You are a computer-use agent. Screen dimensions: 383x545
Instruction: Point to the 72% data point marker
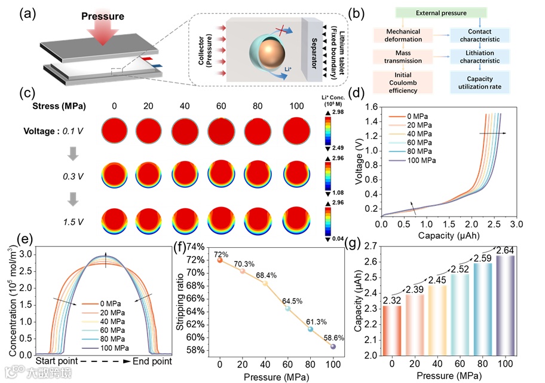[220, 260]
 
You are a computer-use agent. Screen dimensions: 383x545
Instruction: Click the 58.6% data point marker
[333, 346]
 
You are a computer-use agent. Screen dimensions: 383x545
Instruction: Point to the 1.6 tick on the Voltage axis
[370, 107]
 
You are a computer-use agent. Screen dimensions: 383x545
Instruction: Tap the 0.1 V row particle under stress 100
[296, 131]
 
